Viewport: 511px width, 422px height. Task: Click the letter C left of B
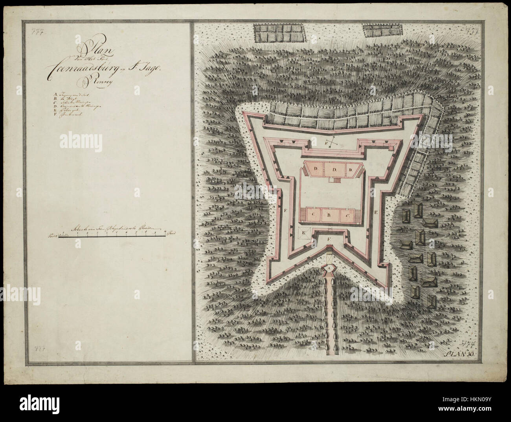coord(314,216)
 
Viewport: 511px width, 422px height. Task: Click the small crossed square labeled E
coord(304,232)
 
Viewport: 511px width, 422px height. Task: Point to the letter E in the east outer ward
coord(376,212)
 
